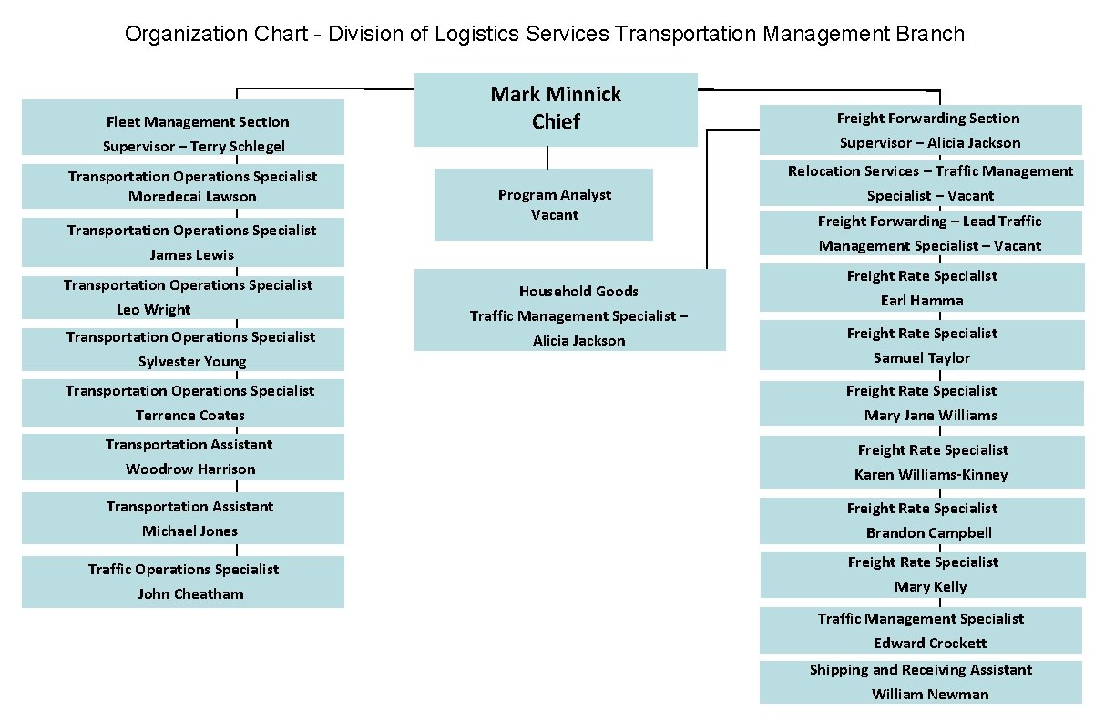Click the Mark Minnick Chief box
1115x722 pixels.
[556, 108]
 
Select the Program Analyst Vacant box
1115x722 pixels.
[544, 204]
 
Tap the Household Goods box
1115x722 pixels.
[569, 310]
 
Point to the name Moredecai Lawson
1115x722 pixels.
[192, 197]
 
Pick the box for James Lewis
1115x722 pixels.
[183, 242]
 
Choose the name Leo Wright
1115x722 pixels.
[154, 310]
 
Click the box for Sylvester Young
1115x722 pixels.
[183, 349]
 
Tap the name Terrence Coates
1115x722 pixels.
[190, 416]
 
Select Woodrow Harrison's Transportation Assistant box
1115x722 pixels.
[183, 457]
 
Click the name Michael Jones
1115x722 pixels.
[189, 531]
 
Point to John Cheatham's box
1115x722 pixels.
[183, 582]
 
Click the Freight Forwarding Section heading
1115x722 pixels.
[928, 119]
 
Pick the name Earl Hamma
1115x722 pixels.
[922, 301]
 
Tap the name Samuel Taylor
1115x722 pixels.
[922, 358]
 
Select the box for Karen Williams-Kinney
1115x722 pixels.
[922, 462]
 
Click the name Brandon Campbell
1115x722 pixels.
[929, 533]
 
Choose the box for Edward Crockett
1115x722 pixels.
[921, 631]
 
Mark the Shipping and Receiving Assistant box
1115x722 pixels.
[921, 682]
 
